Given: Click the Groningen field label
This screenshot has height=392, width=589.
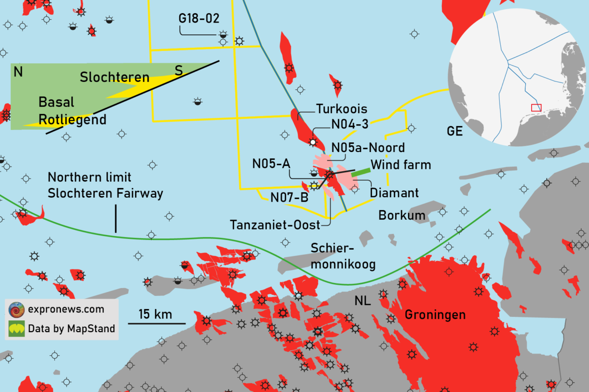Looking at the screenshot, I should tap(435, 314).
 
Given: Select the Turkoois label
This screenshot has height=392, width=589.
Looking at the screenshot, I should tap(342, 108).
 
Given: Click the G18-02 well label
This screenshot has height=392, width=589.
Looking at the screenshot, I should tap(198, 19).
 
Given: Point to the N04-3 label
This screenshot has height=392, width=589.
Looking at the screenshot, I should tap(350, 125).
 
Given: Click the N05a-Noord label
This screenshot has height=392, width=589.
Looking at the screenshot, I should tap(368, 148).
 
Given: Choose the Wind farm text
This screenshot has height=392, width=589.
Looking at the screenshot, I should tap(401, 165).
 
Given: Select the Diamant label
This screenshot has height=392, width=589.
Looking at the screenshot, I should tap(394, 193).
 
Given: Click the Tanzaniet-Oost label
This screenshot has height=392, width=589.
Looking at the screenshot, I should tap(275, 225).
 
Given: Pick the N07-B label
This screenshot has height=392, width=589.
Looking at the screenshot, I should tap(289, 198).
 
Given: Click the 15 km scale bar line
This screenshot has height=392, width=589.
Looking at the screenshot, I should tap(157, 323).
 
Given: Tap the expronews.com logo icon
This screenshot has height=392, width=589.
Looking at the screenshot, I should tap(17, 310).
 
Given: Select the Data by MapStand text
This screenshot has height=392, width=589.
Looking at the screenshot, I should tap(71, 328).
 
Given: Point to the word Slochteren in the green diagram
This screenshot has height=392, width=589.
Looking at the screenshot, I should tap(114, 78).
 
